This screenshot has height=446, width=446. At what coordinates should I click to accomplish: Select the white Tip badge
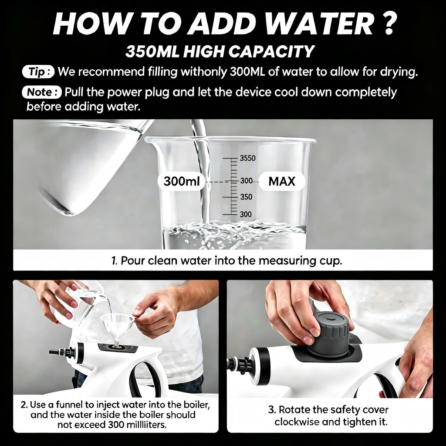coord(38,72)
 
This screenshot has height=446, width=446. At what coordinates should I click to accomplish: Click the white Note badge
coord(41,92)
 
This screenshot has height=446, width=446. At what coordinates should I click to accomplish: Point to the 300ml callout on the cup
coord(182,181)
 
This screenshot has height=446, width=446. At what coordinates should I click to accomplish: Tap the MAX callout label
coord(282,181)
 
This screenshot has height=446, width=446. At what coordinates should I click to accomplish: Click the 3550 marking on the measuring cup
coord(247,158)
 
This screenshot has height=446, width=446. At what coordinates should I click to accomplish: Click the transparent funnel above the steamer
coord(117,328)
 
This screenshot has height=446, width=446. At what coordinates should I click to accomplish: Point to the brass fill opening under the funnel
coord(116,346)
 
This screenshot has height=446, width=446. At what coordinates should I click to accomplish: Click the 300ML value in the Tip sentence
coord(247,72)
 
